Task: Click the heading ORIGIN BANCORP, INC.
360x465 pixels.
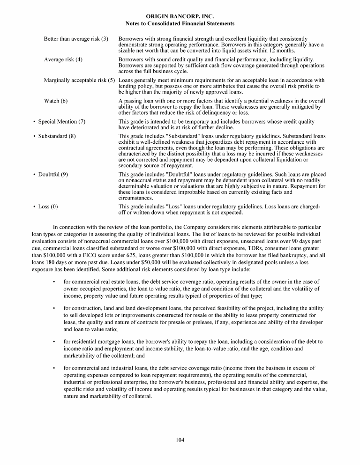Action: (x=180, y=16)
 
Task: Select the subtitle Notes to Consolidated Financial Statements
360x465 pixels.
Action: (x=180, y=23)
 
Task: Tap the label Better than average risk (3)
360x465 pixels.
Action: (x=76, y=38)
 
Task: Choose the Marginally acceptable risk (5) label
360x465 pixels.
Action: (x=80, y=80)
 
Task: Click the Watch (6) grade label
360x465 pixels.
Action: (x=56, y=101)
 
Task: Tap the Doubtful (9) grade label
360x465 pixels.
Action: (x=53, y=174)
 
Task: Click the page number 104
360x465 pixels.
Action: (x=180, y=439)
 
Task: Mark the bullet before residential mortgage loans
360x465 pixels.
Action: (x=55, y=342)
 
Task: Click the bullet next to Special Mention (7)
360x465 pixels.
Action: (x=35, y=122)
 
